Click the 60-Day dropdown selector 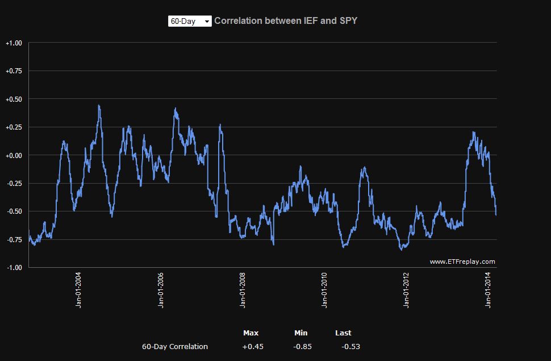click(x=190, y=21)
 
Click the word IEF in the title click(x=306, y=20)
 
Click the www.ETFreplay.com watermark click(x=462, y=262)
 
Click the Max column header click(x=251, y=333)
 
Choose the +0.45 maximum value click(x=253, y=346)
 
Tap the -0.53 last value click(x=350, y=346)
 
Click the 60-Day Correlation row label click(x=175, y=346)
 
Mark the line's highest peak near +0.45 click(x=99, y=105)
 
